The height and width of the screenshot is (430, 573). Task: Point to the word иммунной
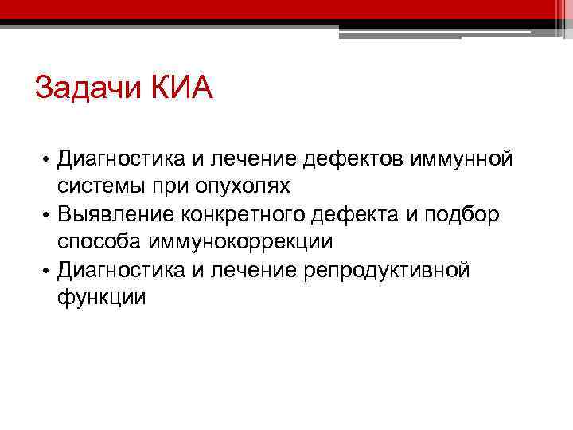(x=462, y=159)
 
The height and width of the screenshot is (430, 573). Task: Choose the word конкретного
(x=251, y=214)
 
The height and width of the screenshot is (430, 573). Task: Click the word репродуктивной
(x=388, y=270)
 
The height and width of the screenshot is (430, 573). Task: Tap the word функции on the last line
(x=101, y=298)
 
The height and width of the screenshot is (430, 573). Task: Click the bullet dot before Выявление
(x=47, y=215)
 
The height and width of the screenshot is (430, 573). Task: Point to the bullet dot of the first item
(x=47, y=160)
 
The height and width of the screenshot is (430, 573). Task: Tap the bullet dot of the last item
(x=47, y=271)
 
